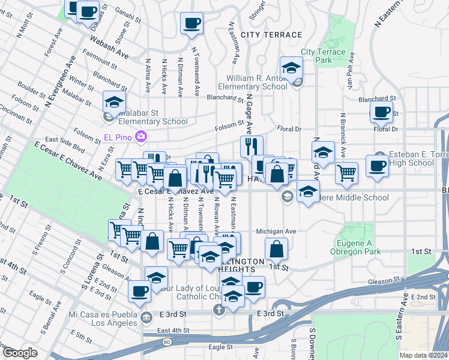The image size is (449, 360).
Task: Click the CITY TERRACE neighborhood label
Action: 271,35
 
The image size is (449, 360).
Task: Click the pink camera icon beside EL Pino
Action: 141,137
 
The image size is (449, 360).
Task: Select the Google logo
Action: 19,353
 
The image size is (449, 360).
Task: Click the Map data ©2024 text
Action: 423,355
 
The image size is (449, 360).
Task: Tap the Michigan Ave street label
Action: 276,231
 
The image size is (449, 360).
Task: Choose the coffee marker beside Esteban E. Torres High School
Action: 377,166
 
